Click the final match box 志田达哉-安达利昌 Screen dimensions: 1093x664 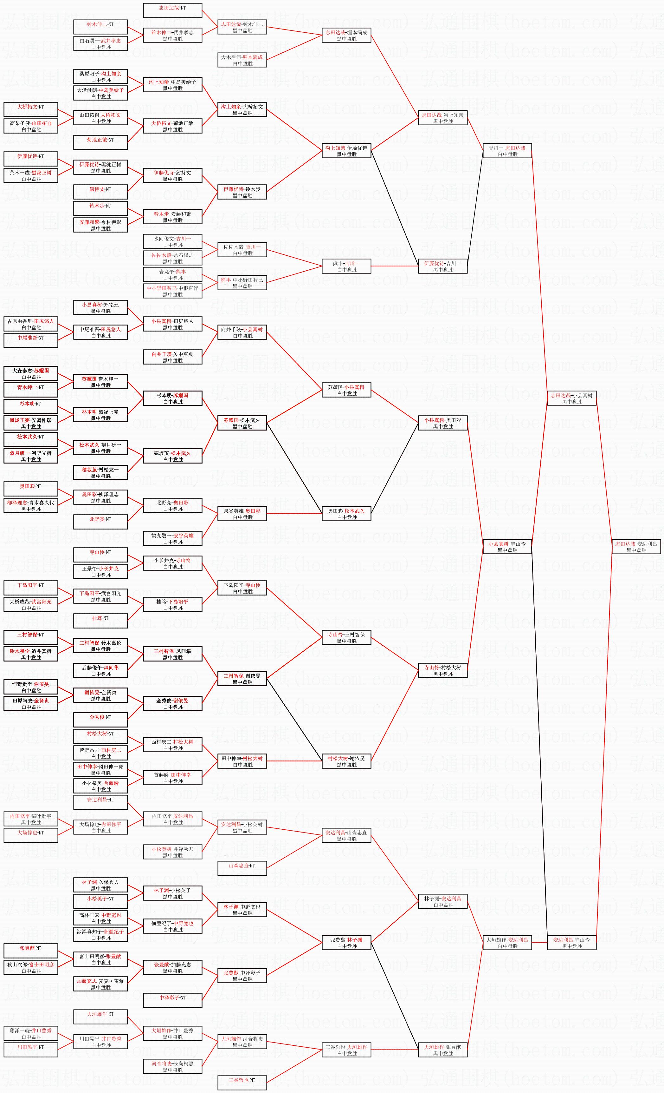[x=636, y=546]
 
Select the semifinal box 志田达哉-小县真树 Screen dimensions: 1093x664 [x=571, y=398]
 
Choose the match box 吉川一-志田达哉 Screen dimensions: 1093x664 [x=507, y=151]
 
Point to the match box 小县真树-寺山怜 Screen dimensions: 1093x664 [x=507, y=546]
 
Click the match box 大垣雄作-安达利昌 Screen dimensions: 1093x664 [x=507, y=942]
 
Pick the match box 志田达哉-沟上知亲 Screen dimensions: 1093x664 [x=442, y=118]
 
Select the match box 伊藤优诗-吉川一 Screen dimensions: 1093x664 [x=442, y=266]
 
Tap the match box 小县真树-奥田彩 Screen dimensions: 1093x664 [x=442, y=423]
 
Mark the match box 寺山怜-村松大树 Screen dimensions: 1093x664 [x=442, y=670]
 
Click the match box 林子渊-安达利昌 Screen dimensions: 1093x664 [x=442, y=901]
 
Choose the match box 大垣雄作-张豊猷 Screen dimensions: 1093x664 [x=442, y=1050]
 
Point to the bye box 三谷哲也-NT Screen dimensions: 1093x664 [x=242, y=1083]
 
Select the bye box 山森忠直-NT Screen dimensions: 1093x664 [x=242, y=866]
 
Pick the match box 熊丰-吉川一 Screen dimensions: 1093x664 [x=346, y=266]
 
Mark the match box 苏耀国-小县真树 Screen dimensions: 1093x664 [x=346, y=390]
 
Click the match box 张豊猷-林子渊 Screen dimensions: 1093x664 [x=346, y=942]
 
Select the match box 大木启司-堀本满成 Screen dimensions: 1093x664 [x=242, y=60]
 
